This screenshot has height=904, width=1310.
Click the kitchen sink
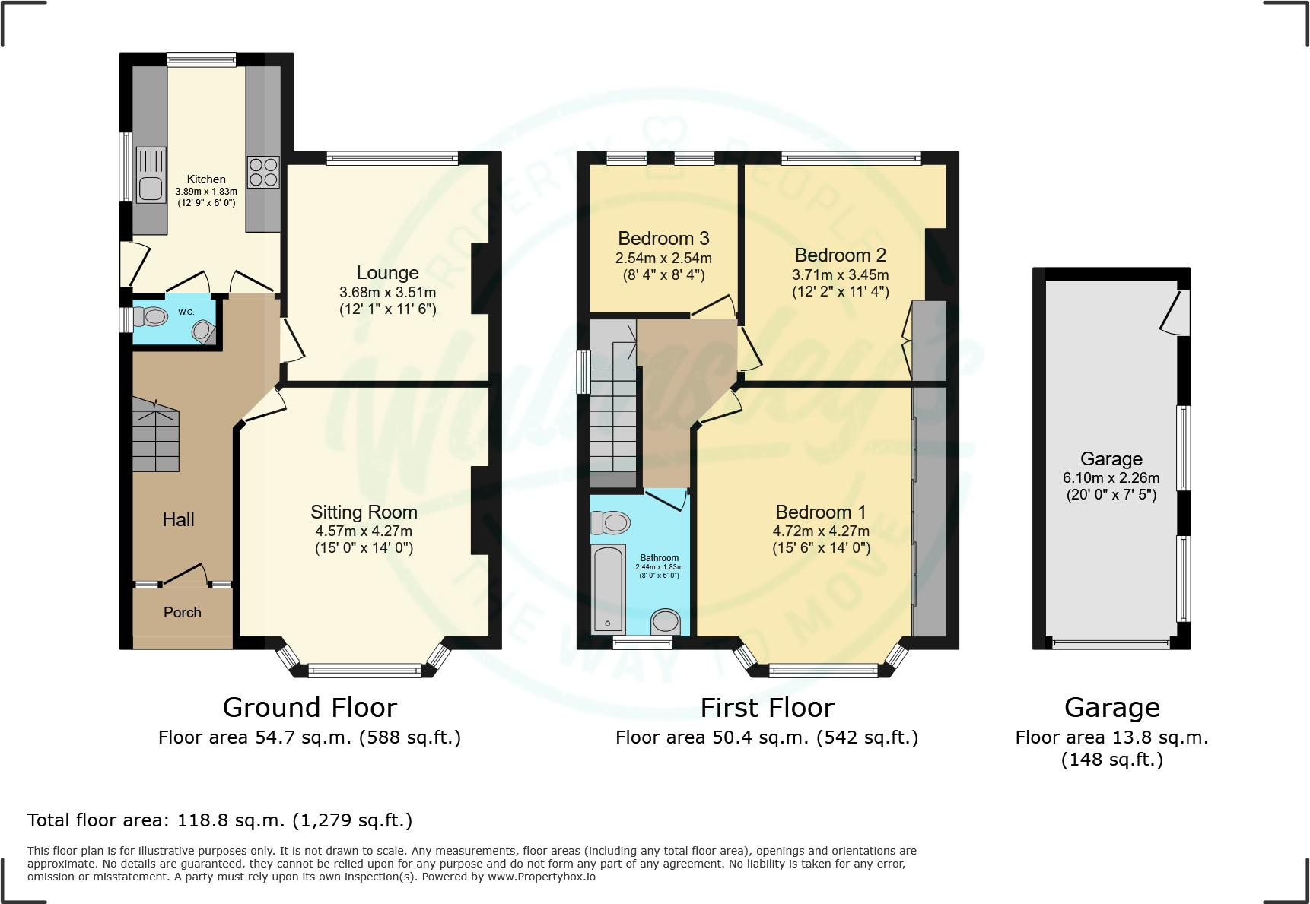pos(151,176)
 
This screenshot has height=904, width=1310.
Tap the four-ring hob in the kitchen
pos(263,172)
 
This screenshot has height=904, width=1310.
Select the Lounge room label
pos(387,273)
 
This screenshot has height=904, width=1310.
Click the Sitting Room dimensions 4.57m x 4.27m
pos(364,531)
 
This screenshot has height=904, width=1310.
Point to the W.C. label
pos(186,312)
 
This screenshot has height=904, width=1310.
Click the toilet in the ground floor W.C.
pos(152,316)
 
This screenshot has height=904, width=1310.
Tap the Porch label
pos(183,613)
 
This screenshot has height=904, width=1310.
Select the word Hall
pos(178,520)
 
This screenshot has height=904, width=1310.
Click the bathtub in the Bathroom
pos(608,589)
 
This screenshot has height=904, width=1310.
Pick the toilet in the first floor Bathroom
pos(611,522)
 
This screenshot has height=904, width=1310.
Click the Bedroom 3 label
pos(663,239)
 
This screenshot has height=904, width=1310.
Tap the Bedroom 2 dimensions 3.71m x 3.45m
pos(840,275)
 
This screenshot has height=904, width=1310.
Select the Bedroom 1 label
pos(821,512)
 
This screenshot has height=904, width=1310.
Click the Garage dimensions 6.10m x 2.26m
pos(1111,478)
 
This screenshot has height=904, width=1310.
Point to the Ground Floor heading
pos(310,708)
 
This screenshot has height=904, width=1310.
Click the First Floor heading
pos(767,708)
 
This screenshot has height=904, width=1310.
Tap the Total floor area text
pos(220,820)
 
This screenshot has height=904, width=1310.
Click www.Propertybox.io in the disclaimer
pos(541,877)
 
